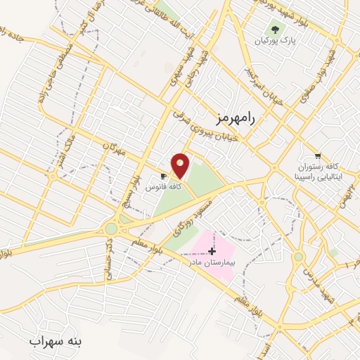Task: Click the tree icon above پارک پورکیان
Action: (275, 30)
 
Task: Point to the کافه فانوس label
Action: (163, 188)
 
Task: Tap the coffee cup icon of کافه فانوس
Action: (164, 176)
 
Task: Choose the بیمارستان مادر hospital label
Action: (214, 262)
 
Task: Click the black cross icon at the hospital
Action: (212, 250)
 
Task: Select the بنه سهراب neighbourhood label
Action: (56, 341)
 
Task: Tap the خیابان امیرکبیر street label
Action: (263, 87)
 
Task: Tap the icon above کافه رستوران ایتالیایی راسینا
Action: (318, 156)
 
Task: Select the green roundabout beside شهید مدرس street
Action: (299, 257)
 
